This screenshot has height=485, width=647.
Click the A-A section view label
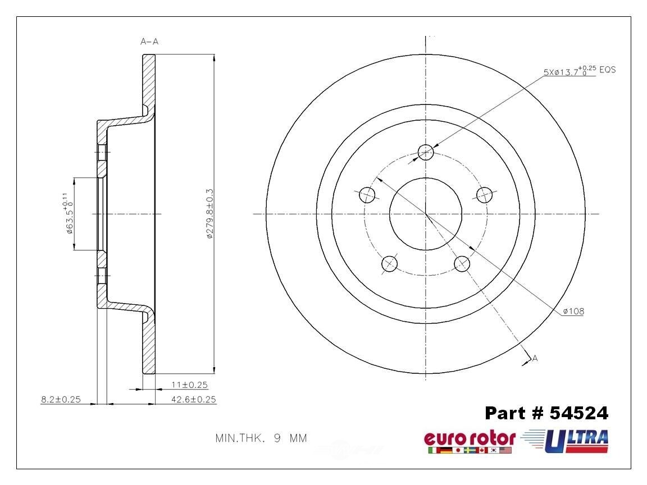point(149,41)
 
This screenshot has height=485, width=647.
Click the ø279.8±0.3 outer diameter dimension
point(209,214)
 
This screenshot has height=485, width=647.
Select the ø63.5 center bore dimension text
point(68,213)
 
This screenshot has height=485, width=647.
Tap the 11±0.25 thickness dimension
point(189,385)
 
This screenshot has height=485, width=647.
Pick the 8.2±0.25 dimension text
point(61,400)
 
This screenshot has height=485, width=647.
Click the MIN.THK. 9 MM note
point(261,438)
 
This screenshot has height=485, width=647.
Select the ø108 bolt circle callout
point(572,311)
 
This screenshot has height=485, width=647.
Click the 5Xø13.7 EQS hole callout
point(579,71)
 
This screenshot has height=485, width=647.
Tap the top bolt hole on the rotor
point(426,150)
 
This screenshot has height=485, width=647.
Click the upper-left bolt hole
point(367,195)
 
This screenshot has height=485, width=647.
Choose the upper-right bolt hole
point(484,195)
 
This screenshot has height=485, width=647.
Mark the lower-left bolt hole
point(389,263)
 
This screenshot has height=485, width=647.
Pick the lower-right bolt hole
point(462,263)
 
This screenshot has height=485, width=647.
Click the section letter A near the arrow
point(535,358)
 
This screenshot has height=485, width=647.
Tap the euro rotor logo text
point(469,438)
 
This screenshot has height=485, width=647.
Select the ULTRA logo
point(576,439)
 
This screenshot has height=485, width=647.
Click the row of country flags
point(469,450)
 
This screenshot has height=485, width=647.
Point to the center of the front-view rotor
point(426,214)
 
